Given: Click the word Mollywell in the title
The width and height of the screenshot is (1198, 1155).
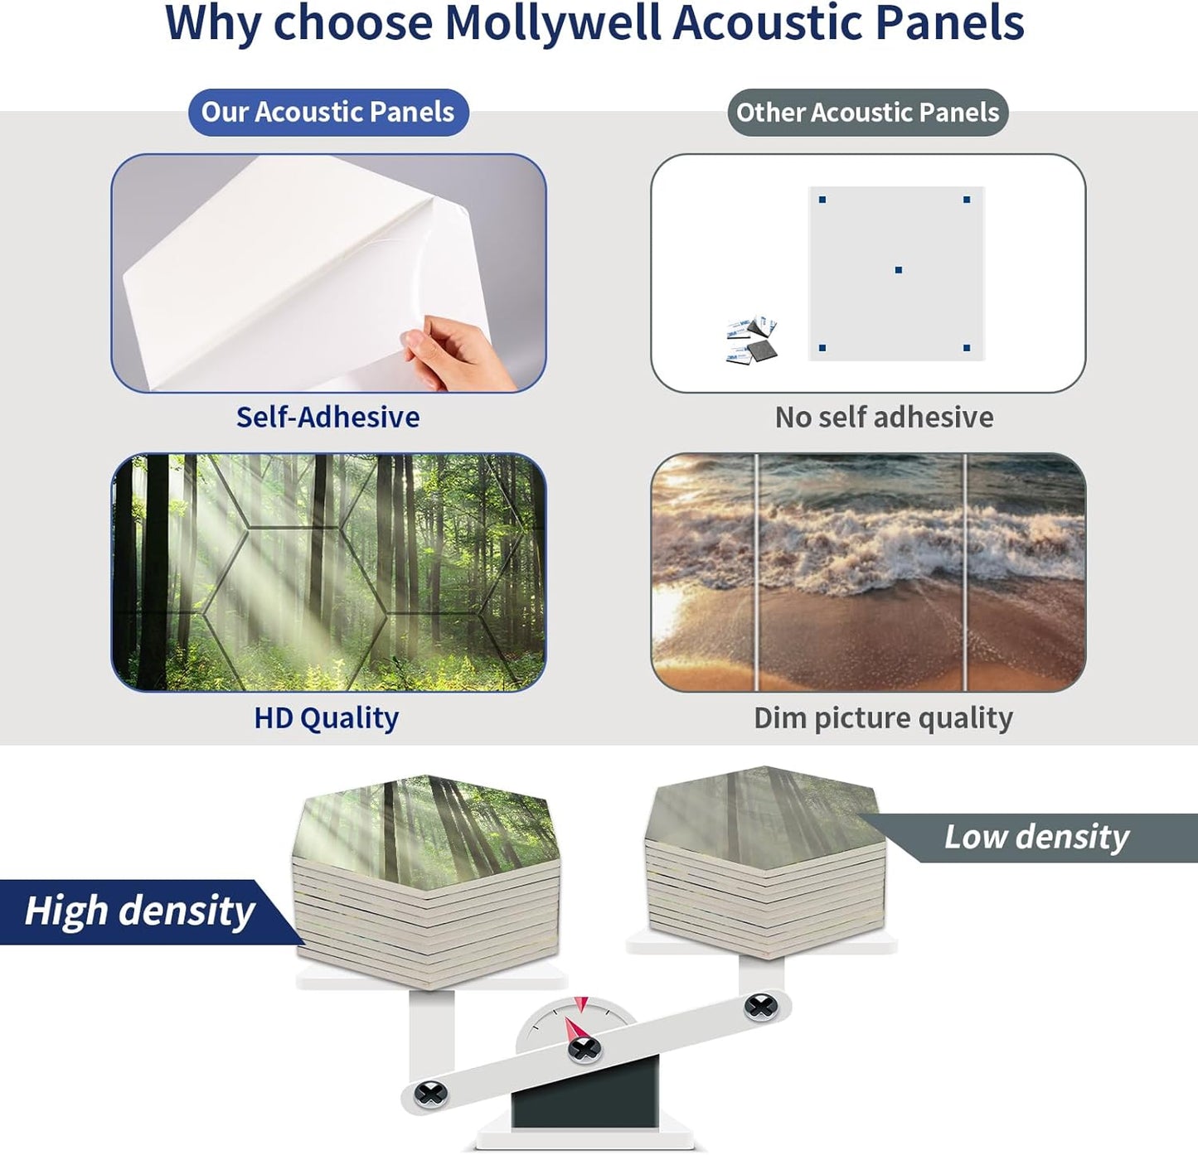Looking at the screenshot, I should pyautogui.click(x=554, y=23).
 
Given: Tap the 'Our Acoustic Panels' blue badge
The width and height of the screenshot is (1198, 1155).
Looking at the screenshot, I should pyautogui.click(x=328, y=112).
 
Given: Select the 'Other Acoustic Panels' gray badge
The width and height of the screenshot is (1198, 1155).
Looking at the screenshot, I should pyautogui.click(x=867, y=112).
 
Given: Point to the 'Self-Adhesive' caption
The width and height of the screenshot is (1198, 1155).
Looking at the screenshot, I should pyautogui.click(x=327, y=417).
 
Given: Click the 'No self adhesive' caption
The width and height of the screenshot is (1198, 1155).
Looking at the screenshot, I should pyautogui.click(x=884, y=417).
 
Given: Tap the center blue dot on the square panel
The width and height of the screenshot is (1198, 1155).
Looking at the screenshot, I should pyautogui.click(x=899, y=270).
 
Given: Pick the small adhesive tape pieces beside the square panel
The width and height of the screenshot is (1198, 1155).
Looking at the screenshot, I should pyautogui.click(x=753, y=340).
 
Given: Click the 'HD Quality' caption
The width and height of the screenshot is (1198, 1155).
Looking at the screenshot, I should pyautogui.click(x=327, y=718).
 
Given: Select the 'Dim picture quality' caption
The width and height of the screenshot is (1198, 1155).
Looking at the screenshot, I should pyautogui.click(x=883, y=718).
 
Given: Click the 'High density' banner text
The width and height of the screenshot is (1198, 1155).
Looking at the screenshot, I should pyautogui.click(x=139, y=911).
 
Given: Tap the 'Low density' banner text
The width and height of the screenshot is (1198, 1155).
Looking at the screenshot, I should pyautogui.click(x=1036, y=837).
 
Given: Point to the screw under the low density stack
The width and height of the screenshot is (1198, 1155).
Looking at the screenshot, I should pyautogui.click(x=760, y=1007).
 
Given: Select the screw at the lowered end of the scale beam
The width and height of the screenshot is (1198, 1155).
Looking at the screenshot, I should pyautogui.click(x=431, y=1094).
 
